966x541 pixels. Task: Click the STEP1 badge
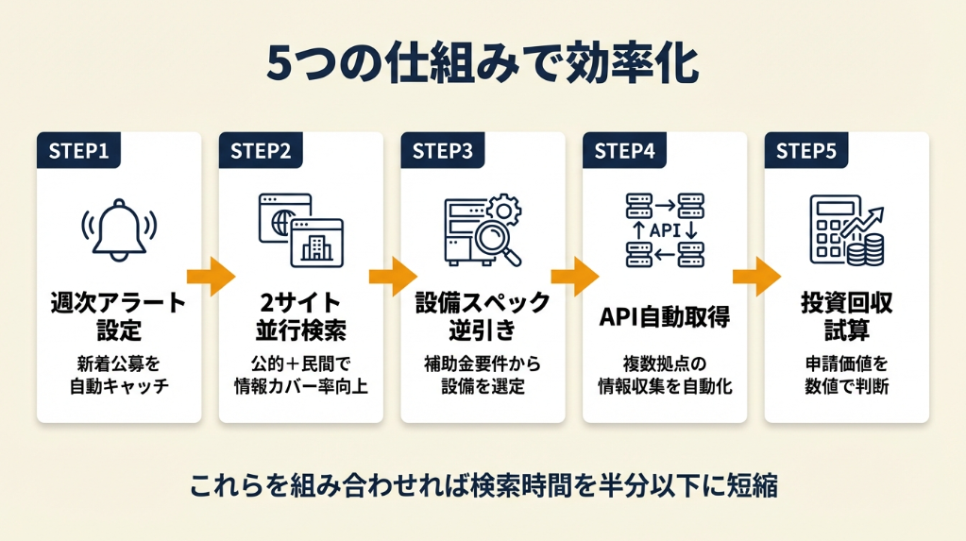[x=79, y=150]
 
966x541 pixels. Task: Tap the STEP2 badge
[x=261, y=150]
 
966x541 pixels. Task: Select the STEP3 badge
[x=443, y=150]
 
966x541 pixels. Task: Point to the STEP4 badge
[x=625, y=150]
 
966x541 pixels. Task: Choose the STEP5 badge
[x=806, y=150]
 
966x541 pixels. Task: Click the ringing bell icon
[x=118, y=232]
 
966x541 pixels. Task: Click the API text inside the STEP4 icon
[x=665, y=229]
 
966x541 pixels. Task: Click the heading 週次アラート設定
[x=118, y=317]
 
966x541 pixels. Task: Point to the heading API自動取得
[x=665, y=317]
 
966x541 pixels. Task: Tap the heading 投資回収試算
[x=846, y=317]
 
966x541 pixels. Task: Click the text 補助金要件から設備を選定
[x=483, y=375]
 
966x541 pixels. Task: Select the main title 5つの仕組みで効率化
[x=483, y=64]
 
